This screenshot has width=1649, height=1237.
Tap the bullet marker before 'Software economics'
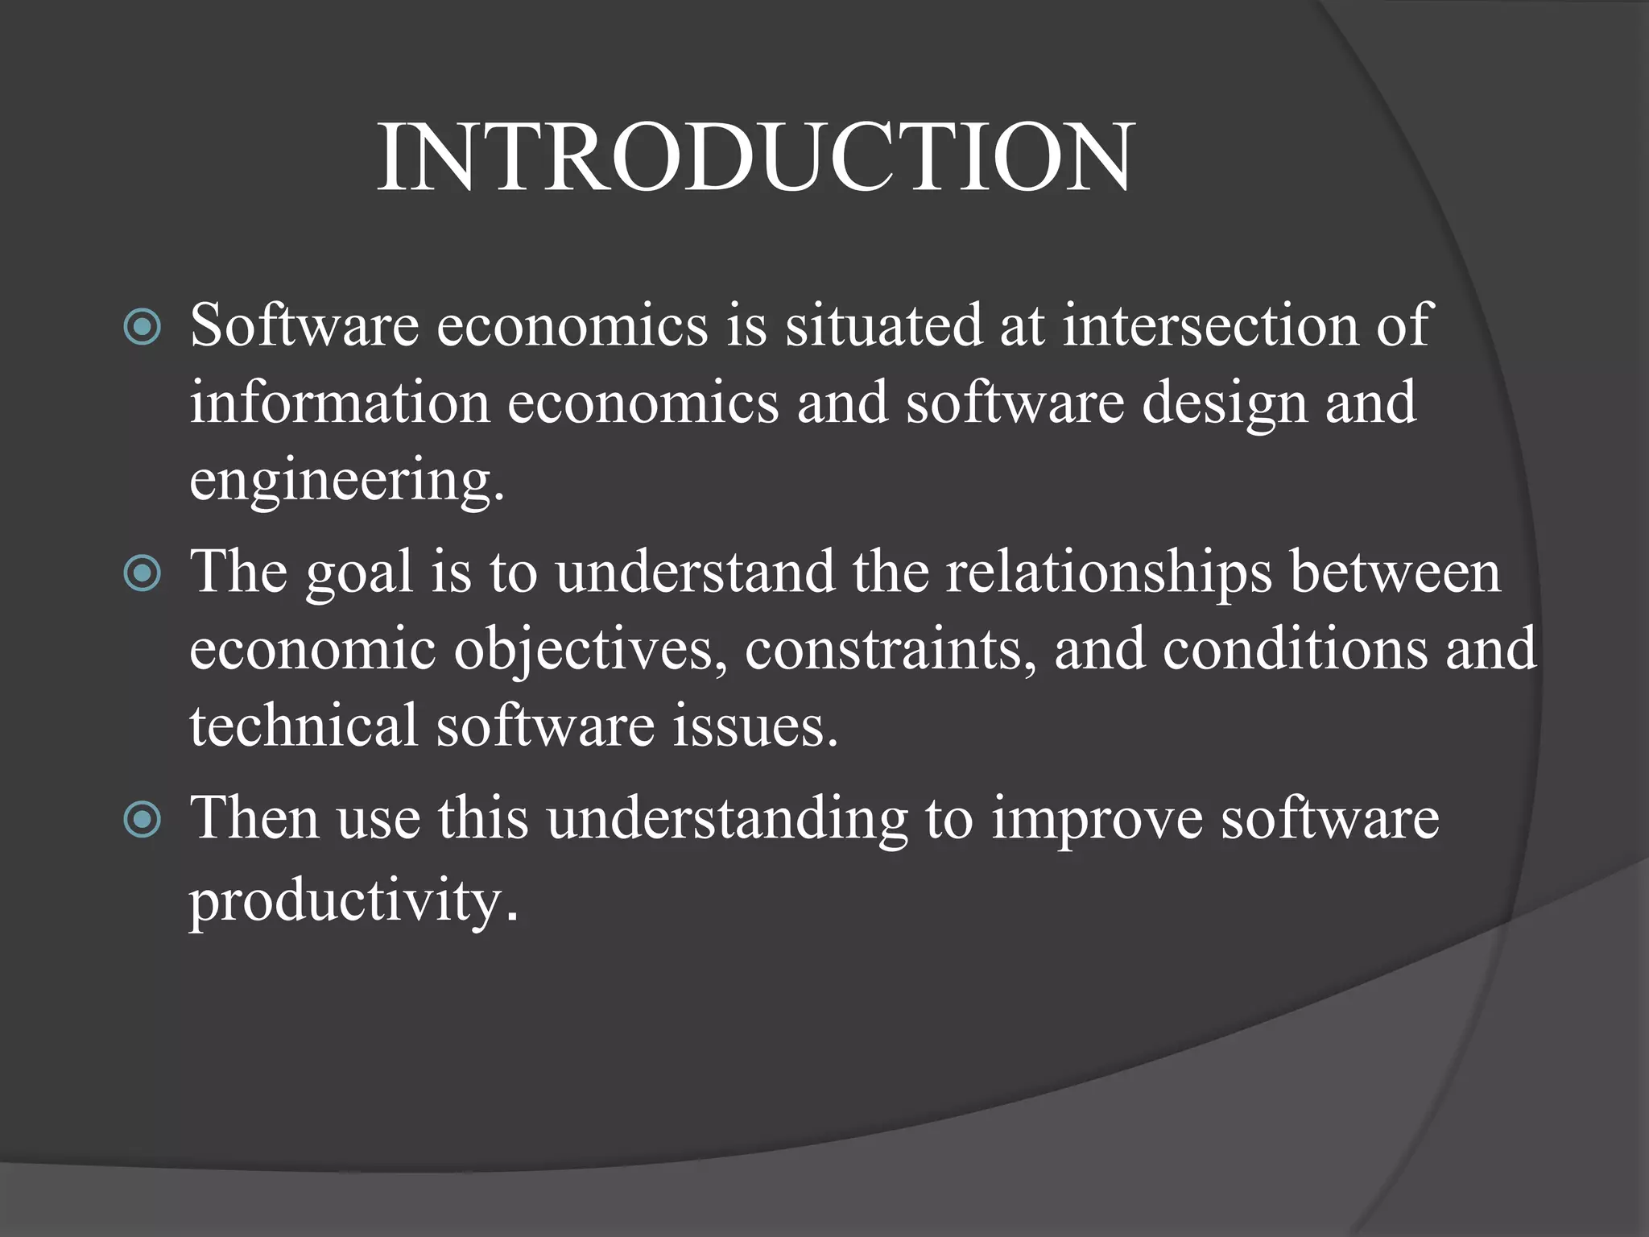pyautogui.click(x=143, y=327)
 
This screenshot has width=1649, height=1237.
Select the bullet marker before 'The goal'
pyautogui.click(x=143, y=573)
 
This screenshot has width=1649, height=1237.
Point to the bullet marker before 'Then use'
pyautogui.click(x=143, y=820)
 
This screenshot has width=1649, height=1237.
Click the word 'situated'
pyautogui.click(x=883, y=325)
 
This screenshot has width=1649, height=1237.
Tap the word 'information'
pyautogui.click(x=339, y=402)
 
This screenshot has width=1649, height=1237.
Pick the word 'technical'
pyautogui.click(x=304, y=725)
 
